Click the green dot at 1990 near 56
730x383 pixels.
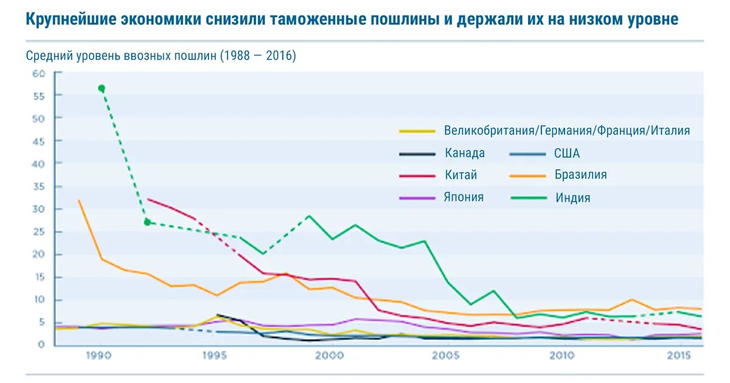pos(102,88)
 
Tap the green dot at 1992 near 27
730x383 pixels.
pos(147,222)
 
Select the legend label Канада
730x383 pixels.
pos(465,153)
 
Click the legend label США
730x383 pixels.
pos(567,153)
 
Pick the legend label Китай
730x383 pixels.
pos(461,175)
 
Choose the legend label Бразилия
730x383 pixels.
pos(580,175)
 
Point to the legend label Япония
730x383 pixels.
pos(464,197)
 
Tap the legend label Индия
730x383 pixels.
pos(572,197)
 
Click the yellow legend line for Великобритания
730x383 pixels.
pos(417,131)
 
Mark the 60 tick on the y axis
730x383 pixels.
pos(39,74)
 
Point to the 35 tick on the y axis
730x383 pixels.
pos(39,187)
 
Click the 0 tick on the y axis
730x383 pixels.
pos(41,345)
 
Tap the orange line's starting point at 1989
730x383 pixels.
pos(79,200)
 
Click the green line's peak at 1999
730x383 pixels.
pos(309,216)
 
